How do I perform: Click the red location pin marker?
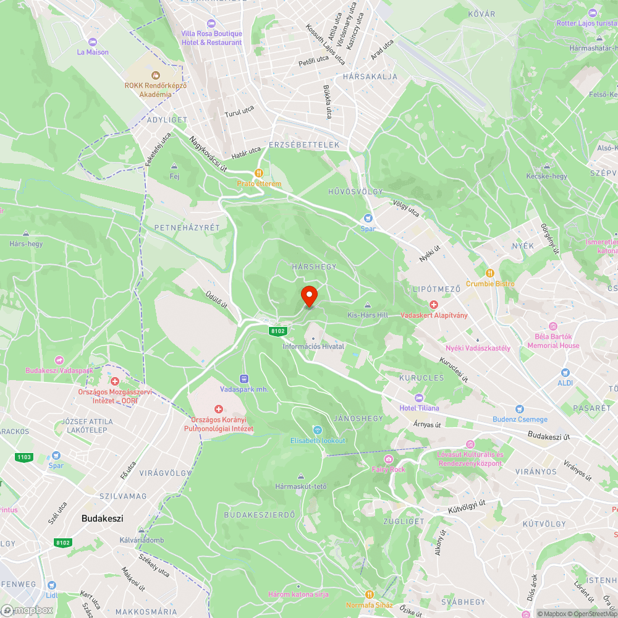308,295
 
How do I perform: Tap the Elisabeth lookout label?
318,441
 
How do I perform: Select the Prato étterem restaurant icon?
260,174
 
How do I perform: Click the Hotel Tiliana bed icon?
420,397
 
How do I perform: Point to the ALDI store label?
565,383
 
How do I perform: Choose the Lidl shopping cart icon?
51,585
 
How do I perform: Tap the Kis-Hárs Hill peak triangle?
368,305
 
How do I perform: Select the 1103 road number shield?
24,457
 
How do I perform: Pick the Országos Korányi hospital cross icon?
218,409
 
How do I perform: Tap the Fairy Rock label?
388,469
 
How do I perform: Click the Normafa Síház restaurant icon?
370,595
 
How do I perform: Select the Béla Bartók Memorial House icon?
552,326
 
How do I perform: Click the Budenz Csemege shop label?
520,420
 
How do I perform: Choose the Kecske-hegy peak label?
546,176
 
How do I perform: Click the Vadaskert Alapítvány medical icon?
434,305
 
